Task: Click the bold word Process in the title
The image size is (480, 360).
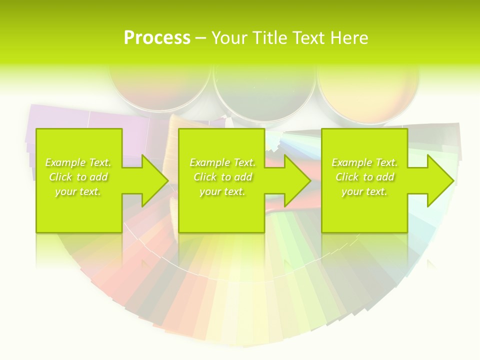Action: (157, 38)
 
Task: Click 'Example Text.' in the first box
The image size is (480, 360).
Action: (78, 162)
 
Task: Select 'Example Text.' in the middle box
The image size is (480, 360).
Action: (222, 162)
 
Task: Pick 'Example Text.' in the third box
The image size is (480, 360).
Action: (364, 162)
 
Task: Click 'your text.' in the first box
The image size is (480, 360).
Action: (78, 191)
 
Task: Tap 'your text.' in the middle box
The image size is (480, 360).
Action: (222, 191)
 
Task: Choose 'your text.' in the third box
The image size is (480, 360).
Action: (364, 191)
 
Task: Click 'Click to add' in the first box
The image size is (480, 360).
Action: (78, 177)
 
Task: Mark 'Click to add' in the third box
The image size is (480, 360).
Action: (364, 177)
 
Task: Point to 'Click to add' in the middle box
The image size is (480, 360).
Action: (222, 177)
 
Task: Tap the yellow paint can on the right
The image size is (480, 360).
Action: (367, 90)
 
